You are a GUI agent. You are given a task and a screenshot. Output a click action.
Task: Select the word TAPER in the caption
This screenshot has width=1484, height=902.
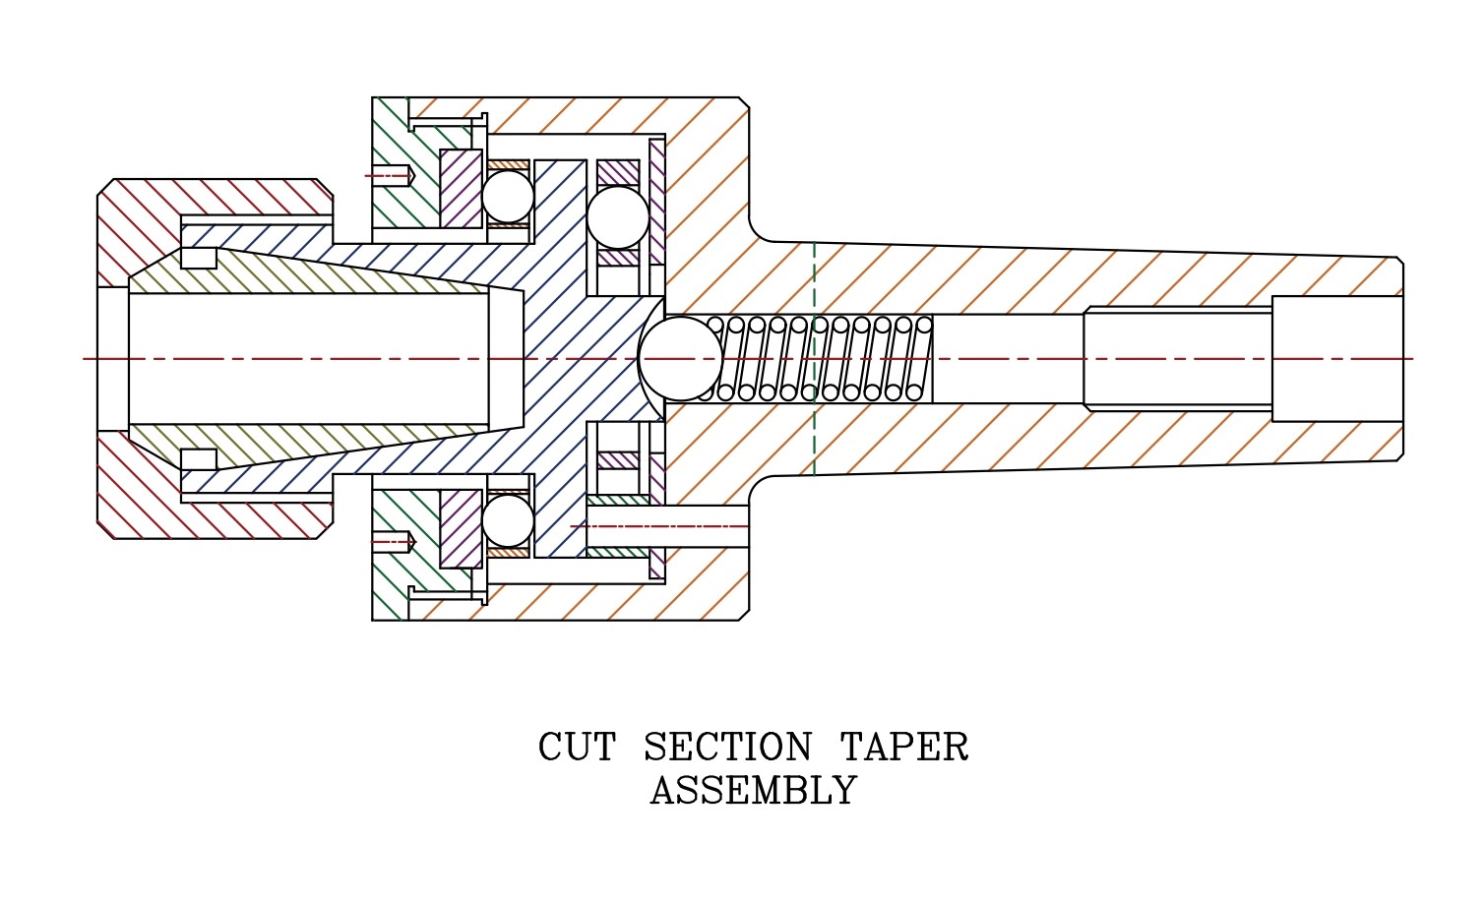point(904,748)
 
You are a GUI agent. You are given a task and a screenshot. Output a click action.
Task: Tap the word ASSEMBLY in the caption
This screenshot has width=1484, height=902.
point(753,791)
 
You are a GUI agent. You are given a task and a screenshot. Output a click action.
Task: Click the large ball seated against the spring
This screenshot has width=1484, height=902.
point(680,358)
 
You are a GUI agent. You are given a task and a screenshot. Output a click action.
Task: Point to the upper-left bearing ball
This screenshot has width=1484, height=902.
point(508,197)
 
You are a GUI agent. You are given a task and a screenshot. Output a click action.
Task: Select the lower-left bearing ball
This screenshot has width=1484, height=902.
point(508,520)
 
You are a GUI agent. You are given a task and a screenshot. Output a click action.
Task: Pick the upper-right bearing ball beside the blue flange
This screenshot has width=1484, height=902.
point(618,217)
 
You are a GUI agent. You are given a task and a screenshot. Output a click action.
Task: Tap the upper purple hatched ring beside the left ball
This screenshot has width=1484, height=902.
point(461,188)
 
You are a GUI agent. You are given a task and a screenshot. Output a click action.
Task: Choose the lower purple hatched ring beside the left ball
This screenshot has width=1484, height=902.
point(461,528)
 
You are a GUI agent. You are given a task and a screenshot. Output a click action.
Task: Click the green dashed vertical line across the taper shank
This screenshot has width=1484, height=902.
point(814,358)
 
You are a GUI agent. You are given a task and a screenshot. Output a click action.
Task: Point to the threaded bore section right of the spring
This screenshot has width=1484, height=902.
point(1177,358)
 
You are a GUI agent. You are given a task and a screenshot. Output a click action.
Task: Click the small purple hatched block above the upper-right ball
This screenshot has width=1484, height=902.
point(618,171)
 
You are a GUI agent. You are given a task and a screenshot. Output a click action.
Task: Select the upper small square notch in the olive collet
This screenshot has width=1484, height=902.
point(199,258)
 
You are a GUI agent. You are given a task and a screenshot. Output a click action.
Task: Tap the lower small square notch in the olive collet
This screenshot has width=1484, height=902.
point(199,459)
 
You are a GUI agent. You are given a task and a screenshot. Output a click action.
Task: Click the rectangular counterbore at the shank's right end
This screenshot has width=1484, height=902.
point(1335,358)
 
